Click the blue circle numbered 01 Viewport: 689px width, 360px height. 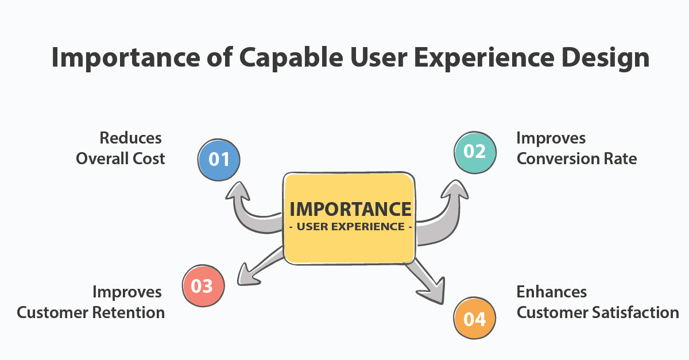coord(219,160)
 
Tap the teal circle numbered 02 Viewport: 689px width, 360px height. coord(475,152)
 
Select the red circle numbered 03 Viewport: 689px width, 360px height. coord(203,285)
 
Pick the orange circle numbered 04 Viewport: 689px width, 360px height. coord(475,318)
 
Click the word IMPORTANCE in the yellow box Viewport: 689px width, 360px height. coord(350,210)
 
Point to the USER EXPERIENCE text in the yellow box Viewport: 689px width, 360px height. coord(351,227)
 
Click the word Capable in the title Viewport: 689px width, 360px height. coord(291,59)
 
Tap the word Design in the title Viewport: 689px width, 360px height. coord(605,59)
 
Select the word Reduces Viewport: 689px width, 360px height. coord(130,138)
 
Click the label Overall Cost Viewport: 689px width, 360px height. coord(120,159)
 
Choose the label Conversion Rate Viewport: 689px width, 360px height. coord(576,159)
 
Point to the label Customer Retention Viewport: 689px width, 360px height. coord(91,312)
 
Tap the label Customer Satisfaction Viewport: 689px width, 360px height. coord(598,312)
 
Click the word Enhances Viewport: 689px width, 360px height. coord(552,292)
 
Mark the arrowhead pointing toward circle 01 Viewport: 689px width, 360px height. coord(238,191)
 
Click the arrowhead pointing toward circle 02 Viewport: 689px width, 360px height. coord(455,190)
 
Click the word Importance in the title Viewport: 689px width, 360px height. coord(126,59)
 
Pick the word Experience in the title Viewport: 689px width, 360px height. coord(484,59)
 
